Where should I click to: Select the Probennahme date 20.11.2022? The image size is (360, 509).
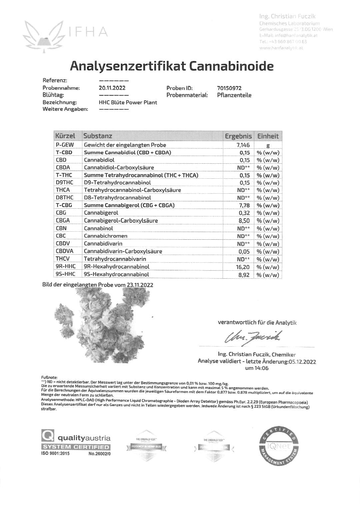click(112, 88)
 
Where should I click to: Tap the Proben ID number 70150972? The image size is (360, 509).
click(229, 88)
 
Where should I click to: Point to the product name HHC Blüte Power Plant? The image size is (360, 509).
click(128, 102)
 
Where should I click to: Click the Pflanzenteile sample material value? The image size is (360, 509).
click(234, 95)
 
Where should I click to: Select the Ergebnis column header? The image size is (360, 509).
click(238, 136)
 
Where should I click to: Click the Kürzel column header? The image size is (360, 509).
click(65, 136)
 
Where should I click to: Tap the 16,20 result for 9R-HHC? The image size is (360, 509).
click(242, 267)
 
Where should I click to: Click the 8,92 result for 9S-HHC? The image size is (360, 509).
click(244, 275)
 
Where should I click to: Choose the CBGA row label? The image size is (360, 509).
click(63, 220)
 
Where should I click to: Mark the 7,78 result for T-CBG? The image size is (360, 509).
click(244, 205)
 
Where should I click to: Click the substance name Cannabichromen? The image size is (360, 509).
click(105, 236)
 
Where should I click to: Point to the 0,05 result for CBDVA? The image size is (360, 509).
click(244, 252)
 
